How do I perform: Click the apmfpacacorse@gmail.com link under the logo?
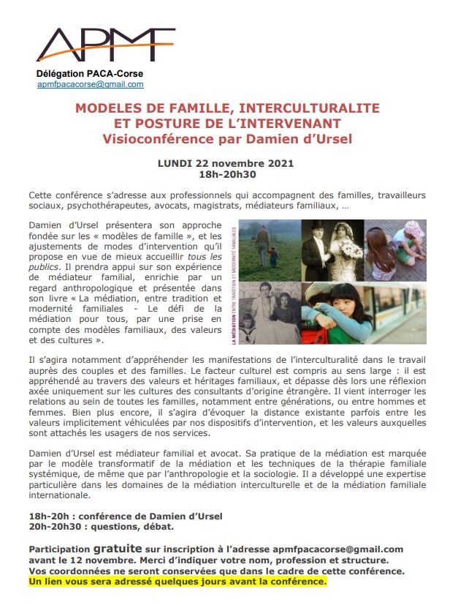tap(90, 85)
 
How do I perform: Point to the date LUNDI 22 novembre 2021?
tap(226, 163)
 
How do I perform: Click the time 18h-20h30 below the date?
tap(226, 174)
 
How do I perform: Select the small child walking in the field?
tap(272, 257)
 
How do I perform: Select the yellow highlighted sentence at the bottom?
tap(178, 581)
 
